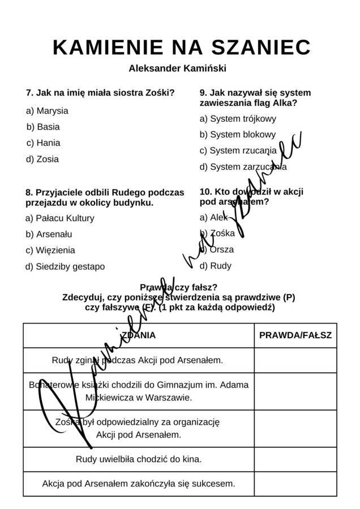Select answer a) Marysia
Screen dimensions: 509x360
(47, 111)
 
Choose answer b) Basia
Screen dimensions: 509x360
(43, 127)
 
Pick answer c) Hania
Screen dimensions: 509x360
(43, 143)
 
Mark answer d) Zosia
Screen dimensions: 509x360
(42, 159)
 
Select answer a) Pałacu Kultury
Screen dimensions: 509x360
(60, 218)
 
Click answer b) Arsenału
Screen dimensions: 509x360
(49, 234)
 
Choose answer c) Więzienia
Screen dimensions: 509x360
(50, 251)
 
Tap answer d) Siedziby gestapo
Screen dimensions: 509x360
(65, 266)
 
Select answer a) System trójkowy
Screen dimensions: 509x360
(238, 119)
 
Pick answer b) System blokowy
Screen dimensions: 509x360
(238, 135)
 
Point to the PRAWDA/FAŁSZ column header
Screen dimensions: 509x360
(295, 335)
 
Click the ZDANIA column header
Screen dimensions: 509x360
(138, 335)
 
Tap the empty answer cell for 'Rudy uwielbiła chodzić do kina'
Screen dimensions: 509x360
(295, 459)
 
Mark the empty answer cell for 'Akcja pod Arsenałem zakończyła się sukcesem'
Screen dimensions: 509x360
(295, 484)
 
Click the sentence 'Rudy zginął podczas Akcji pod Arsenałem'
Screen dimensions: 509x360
(138, 360)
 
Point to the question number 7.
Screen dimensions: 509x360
(29, 93)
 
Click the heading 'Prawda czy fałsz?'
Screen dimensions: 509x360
(178, 287)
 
